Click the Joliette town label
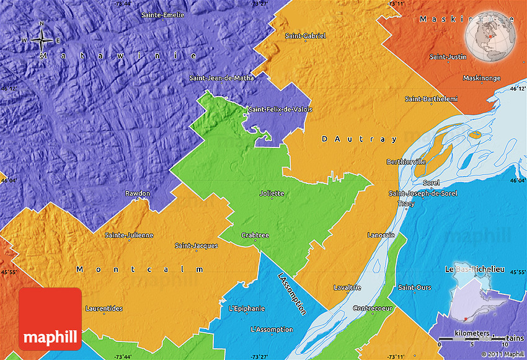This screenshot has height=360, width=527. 272,193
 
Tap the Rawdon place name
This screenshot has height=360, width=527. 137,193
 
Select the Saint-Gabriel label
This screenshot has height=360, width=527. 305,36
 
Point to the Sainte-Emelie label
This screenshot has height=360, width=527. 163,14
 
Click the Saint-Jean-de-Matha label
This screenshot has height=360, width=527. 221,77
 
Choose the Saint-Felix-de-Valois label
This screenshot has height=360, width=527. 280,110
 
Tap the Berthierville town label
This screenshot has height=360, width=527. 406,162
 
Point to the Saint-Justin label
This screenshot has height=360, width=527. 448,57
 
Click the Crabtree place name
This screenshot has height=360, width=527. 255,235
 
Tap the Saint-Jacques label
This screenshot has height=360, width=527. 196,246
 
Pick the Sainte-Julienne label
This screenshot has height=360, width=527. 129,235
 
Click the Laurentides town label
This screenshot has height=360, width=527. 104,308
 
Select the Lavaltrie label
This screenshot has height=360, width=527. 347,288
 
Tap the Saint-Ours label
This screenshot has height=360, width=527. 414,288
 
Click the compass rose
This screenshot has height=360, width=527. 42,41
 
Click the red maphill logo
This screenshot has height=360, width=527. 50,319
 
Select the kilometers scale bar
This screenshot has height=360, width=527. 472,338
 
